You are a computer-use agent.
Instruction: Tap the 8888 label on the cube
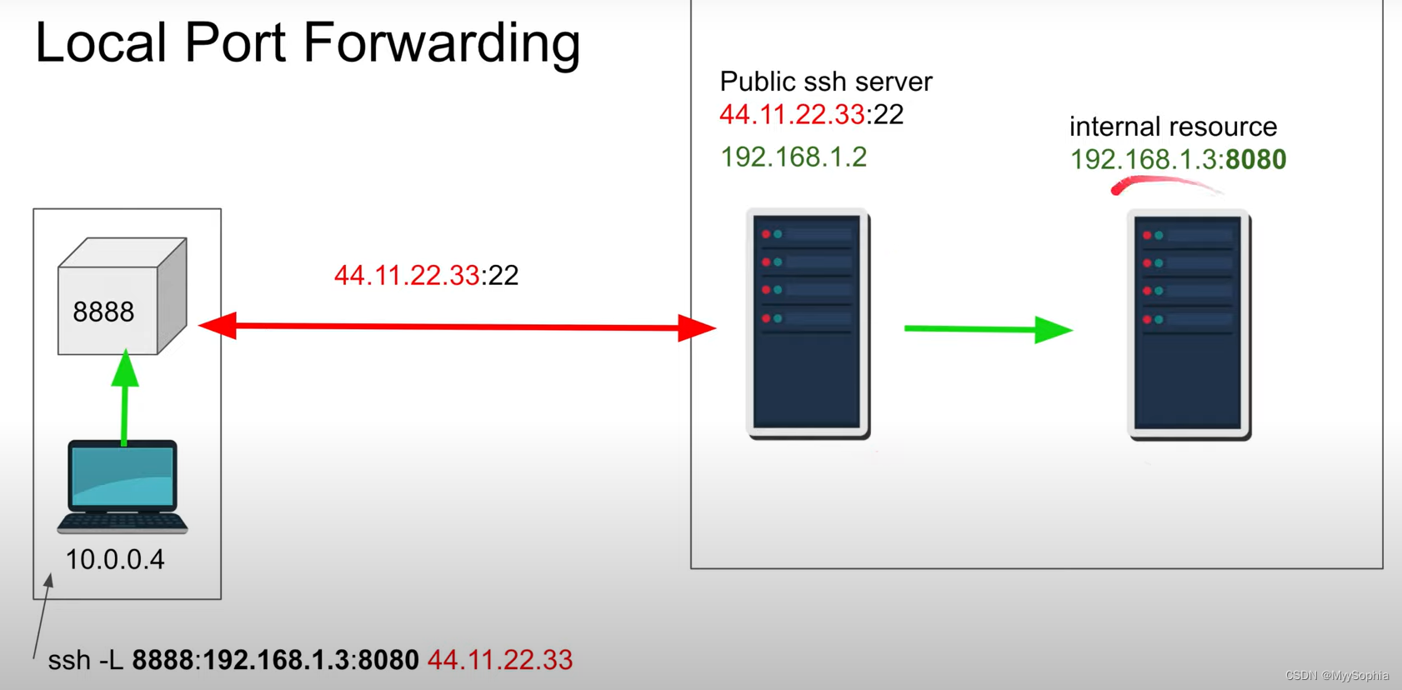coord(103,312)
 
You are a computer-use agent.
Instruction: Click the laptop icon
coord(123,487)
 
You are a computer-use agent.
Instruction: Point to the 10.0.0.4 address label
coord(115,559)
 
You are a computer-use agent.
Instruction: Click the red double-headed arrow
coord(457,327)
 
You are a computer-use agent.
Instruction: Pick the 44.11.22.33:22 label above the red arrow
coord(426,275)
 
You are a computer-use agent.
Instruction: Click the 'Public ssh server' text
coord(825,82)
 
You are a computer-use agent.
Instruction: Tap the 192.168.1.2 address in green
coord(794,157)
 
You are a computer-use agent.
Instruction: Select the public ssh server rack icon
coord(808,324)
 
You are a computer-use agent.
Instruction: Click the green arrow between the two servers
coord(988,329)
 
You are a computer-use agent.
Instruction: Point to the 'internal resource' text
coord(1173,127)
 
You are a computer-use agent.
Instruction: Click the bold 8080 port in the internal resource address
coord(1256,159)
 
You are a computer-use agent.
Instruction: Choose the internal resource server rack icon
coord(1189,325)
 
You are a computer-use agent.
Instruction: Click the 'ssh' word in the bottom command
coord(69,660)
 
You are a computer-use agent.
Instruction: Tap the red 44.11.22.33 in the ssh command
coord(500,660)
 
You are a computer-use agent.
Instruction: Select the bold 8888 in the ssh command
coord(163,660)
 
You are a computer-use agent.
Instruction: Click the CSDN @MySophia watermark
coord(1337,676)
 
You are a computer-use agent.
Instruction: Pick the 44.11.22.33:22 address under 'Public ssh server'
coord(811,114)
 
